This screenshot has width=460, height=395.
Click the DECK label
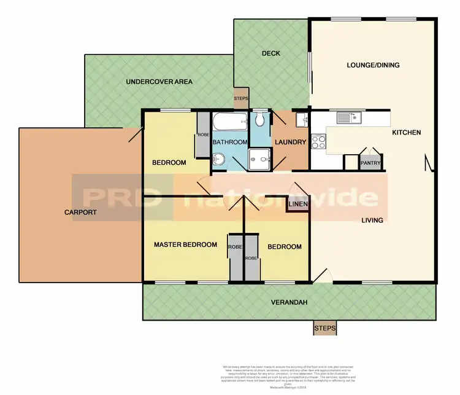pos(270,53)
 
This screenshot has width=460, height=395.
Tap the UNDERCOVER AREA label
pos(159,82)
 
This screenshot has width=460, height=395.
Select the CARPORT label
pos(80,213)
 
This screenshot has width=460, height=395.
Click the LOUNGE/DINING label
pos(373,65)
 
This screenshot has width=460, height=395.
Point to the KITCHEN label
pos(407,133)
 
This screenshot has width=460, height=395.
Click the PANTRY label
pos(370,163)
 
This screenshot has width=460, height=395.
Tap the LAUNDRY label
pos(291,143)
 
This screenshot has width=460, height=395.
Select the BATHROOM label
pos(229,142)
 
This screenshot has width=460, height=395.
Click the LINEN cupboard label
pos(297,203)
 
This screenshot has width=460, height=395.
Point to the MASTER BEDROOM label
pos(185,244)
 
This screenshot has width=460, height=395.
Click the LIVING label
pos(372,221)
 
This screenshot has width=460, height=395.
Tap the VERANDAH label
pos(289,302)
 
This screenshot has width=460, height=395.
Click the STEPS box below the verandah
pos(324,329)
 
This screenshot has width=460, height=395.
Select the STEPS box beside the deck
pos(241,99)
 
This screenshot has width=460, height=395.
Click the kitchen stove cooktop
pos(319,143)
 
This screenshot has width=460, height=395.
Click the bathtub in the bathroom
pos(230,122)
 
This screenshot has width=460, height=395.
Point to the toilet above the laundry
pos(260,117)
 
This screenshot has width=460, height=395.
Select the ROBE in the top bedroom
pos(202,135)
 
